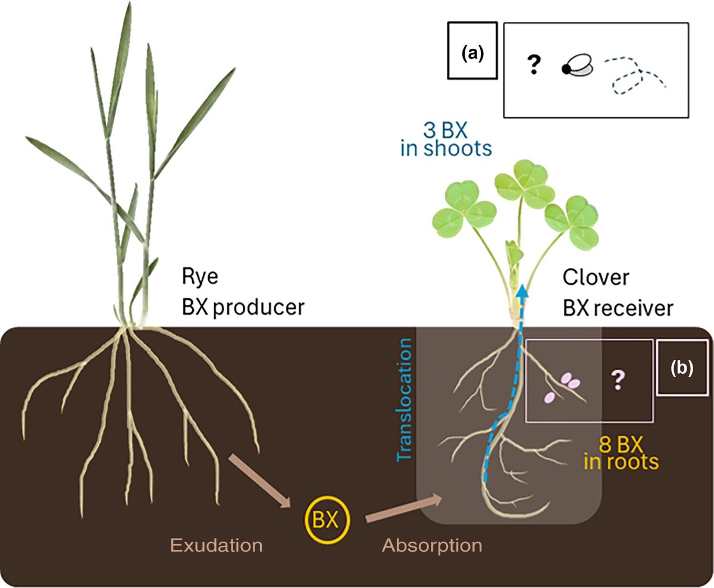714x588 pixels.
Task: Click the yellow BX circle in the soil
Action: [327, 519]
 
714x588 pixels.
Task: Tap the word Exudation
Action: [216, 545]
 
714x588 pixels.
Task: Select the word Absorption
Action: [432, 545]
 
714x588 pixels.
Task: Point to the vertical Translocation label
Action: [405, 399]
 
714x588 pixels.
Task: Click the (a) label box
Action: [472, 52]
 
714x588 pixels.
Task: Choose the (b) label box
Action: [681, 368]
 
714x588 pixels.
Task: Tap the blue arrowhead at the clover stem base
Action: [522, 291]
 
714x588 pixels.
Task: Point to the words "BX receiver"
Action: [618, 308]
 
